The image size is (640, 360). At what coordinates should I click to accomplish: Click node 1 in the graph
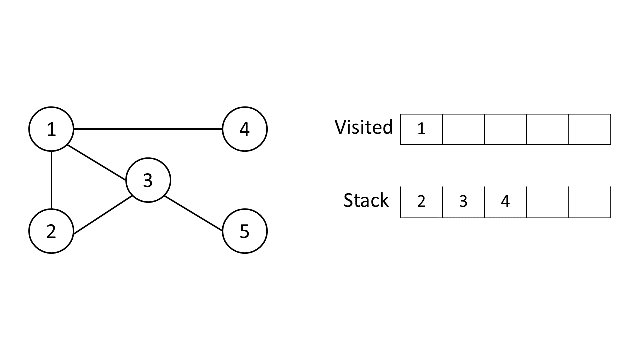pyautogui.click(x=51, y=129)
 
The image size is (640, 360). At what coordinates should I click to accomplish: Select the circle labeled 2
pyautogui.click(x=51, y=231)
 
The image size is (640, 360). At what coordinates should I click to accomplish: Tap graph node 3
pyautogui.click(x=148, y=180)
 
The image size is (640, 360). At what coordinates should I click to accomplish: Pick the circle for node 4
pyautogui.click(x=244, y=129)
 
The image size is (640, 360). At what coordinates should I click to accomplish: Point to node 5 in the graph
pyautogui.click(x=244, y=231)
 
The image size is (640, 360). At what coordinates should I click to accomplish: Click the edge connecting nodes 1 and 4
pyautogui.click(x=148, y=129)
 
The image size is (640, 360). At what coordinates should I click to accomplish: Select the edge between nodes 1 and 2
pyautogui.click(x=52, y=180)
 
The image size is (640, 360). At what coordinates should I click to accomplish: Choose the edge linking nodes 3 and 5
pyautogui.click(x=194, y=213)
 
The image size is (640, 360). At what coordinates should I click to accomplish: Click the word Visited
pyautogui.click(x=364, y=127)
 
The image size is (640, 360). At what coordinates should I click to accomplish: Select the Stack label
pyautogui.click(x=366, y=200)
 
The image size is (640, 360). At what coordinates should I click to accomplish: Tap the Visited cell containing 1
pyautogui.click(x=421, y=129)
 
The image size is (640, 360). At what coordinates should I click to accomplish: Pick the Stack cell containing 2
pyautogui.click(x=421, y=202)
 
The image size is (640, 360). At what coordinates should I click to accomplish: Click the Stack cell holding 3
pyautogui.click(x=463, y=202)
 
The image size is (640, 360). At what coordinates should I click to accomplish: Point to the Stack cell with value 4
pyautogui.click(x=505, y=202)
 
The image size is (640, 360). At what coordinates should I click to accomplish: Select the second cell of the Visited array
pyautogui.click(x=463, y=129)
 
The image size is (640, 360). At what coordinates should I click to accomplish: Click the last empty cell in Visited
pyautogui.click(x=590, y=129)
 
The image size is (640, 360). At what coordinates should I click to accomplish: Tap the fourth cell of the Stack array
pyautogui.click(x=548, y=202)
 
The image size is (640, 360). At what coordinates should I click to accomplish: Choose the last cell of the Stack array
pyautogui.click(x=590, y=202)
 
